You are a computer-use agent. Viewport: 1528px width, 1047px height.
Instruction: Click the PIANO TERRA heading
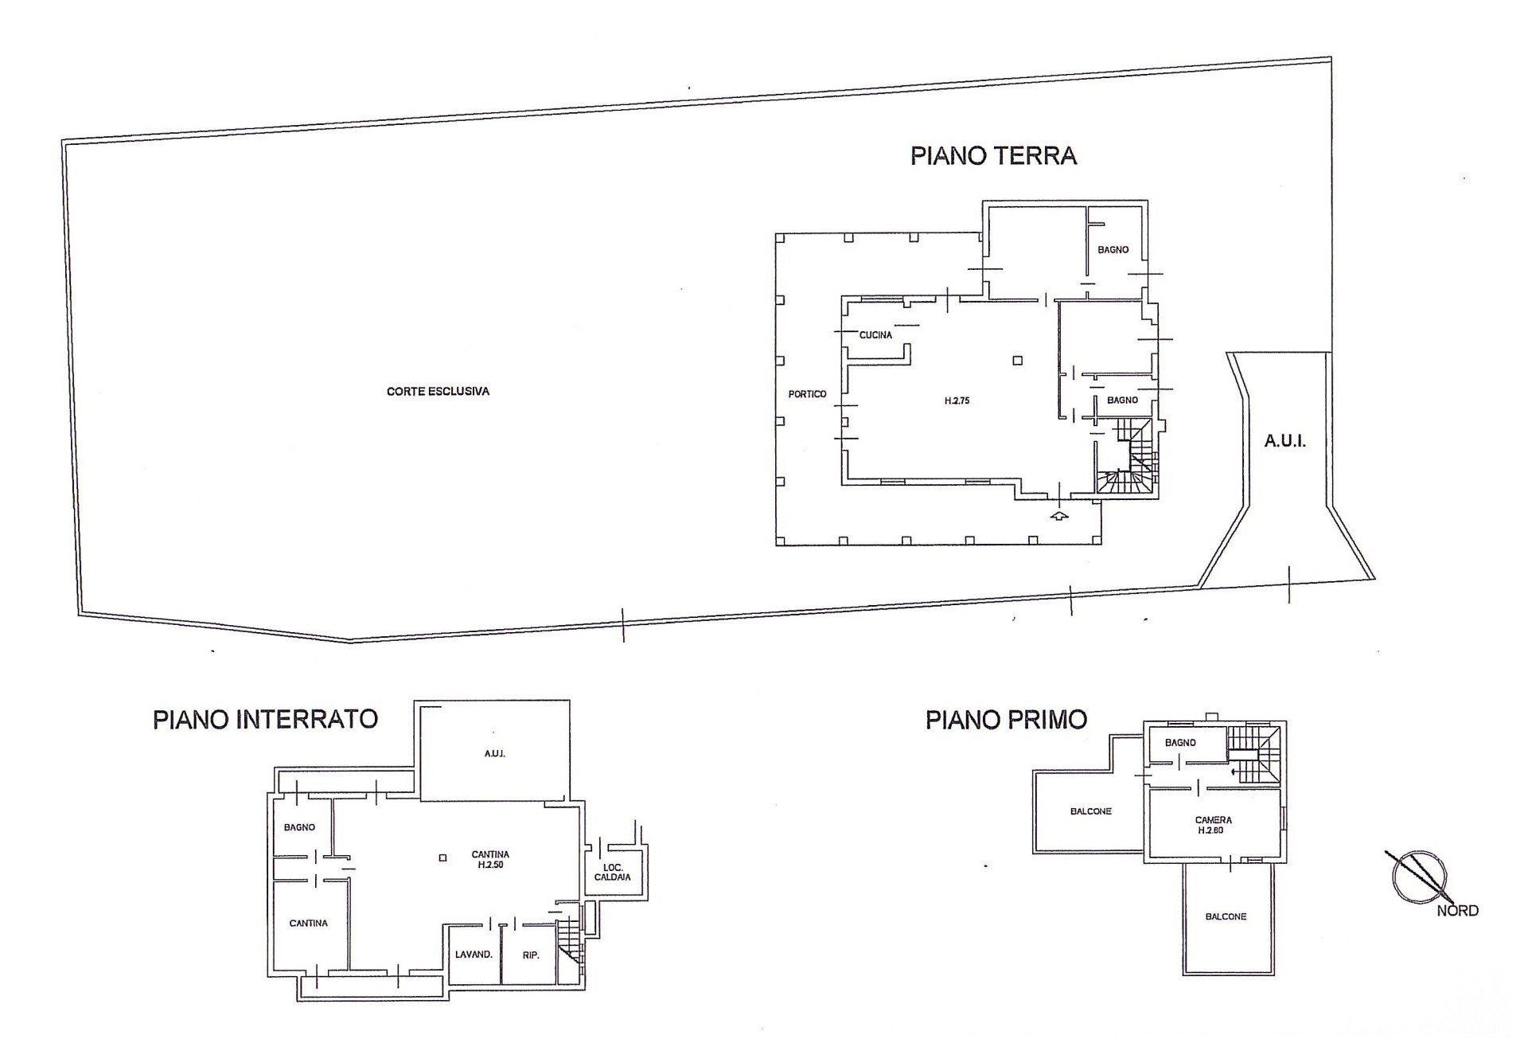click(x=993, y=155)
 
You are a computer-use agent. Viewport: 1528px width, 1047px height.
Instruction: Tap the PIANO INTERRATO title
click(x=265, y=720)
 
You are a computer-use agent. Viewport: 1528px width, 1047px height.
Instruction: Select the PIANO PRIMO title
click(x=1006, y=720)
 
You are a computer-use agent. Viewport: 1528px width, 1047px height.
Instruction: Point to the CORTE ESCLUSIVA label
click(x=438, y=392)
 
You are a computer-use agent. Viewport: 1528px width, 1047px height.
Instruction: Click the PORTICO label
click(x=807, y=394)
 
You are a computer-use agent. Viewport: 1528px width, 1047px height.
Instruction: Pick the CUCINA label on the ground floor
click(x=875, y=335)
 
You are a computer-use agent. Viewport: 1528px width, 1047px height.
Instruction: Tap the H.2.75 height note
click(x=957, y=401)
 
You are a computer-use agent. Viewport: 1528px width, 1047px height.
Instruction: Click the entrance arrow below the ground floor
click(x=1058, y=517)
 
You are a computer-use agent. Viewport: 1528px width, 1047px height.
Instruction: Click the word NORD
click(x=1457, y=911)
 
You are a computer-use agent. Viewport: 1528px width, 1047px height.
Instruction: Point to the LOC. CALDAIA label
click(x=612, y=872)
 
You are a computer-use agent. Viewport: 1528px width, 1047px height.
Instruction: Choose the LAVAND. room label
click(x=474, y=955)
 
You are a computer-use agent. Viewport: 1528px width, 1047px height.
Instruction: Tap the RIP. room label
click(x=531, y=955)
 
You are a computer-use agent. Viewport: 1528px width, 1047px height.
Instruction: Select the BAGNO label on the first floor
click(x=1180, y=743)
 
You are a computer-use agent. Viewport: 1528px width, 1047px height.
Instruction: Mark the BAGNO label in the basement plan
click(x=299, y=828)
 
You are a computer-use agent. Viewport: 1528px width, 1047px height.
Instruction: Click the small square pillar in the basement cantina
click(x=442, y=858)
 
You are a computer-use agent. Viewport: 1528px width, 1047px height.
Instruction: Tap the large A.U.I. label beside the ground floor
click(x=1285, y=441)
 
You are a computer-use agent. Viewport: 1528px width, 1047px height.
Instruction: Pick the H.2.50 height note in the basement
click(x=491, y=865)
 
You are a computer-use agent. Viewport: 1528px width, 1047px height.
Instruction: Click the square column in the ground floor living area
click(x=1018, y=361)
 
